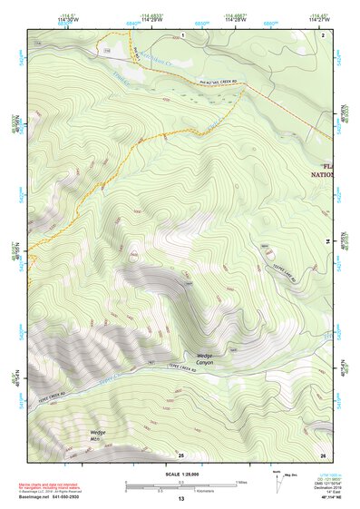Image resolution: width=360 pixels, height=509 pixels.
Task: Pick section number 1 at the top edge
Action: tap(181, 34)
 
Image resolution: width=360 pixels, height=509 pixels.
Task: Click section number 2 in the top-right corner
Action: tap(322, 34)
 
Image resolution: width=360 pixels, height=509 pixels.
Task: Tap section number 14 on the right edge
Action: tap(327, 240)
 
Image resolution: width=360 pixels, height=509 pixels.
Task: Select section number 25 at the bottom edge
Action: tap(180, 454)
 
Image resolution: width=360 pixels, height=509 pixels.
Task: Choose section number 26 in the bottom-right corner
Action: tap(322, 454)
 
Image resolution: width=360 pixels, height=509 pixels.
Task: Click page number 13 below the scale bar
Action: tap(180, 499)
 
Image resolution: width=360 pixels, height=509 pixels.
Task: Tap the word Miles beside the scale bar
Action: tap(241, 482)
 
